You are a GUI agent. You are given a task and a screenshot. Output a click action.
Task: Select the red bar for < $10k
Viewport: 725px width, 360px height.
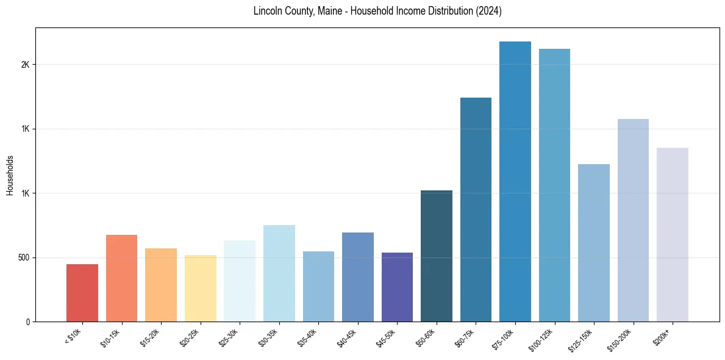tap(82, 293)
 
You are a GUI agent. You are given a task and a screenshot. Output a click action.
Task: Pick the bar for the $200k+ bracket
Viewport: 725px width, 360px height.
tap(673, 234)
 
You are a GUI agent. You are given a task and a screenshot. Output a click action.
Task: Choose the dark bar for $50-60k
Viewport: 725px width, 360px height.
tap(437, 256)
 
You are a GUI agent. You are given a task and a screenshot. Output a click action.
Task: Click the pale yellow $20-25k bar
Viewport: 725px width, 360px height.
tap(201, 288)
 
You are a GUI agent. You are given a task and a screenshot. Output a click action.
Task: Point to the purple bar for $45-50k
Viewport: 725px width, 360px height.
tap(397, 287)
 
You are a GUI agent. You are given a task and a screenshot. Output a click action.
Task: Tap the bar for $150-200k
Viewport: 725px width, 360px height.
tap(633, 220)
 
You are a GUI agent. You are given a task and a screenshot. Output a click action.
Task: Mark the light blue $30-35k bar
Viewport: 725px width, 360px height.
tap(279, 273)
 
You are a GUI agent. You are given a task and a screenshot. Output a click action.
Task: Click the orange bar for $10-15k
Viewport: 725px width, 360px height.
tap(122, 278)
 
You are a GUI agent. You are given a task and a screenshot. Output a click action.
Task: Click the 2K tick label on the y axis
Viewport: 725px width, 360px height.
tap(25, 65)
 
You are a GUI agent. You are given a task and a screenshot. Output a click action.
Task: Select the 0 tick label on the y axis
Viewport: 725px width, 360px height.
tap(28, 322)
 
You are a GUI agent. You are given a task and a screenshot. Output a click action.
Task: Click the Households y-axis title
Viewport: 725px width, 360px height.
tap(10, 175)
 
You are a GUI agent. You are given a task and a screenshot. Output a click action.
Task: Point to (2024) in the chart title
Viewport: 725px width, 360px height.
tap(489, 11)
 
